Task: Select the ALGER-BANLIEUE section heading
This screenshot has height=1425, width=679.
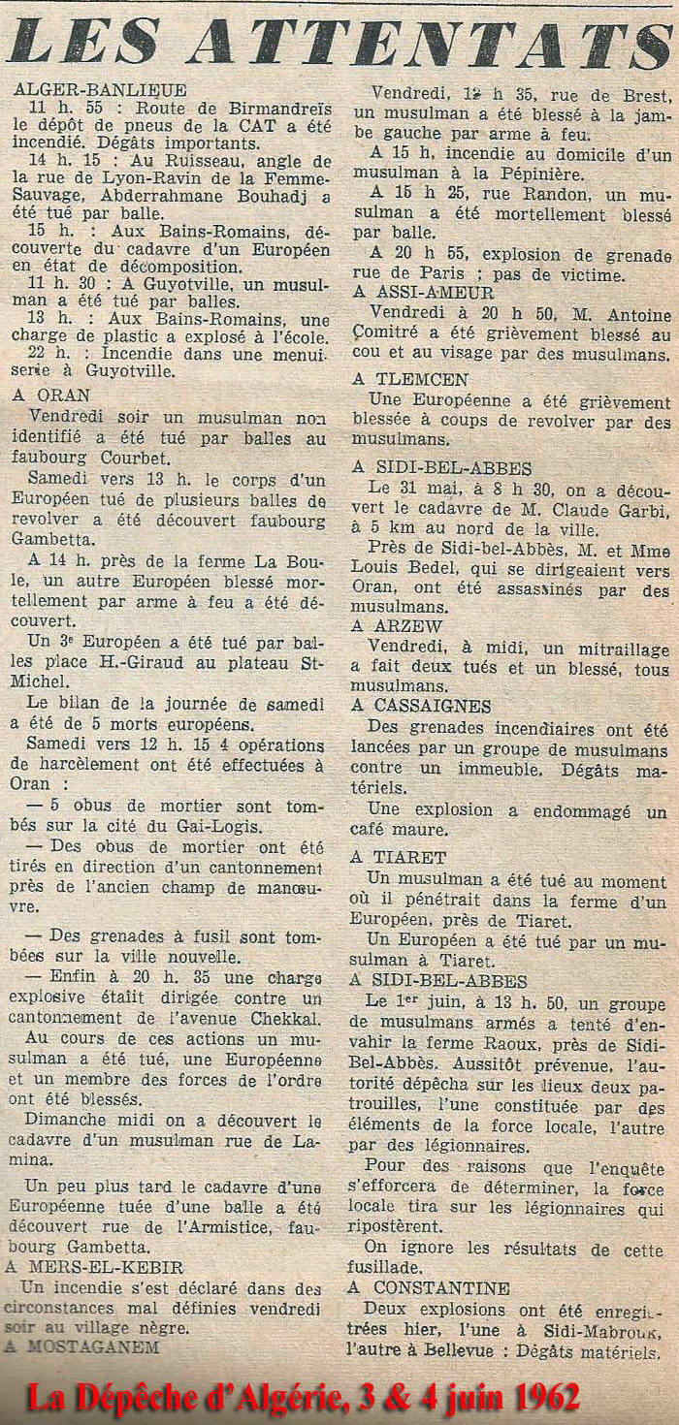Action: tap(101, 91)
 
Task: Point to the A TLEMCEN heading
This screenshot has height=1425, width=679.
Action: tap(409, 380)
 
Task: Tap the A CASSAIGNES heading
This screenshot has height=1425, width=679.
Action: tap(421, 706)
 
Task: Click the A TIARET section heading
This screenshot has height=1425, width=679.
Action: tap(398, 857)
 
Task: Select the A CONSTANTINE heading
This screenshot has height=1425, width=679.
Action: tap(429, 1288)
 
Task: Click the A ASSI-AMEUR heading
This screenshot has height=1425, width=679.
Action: tap(423, 292)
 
